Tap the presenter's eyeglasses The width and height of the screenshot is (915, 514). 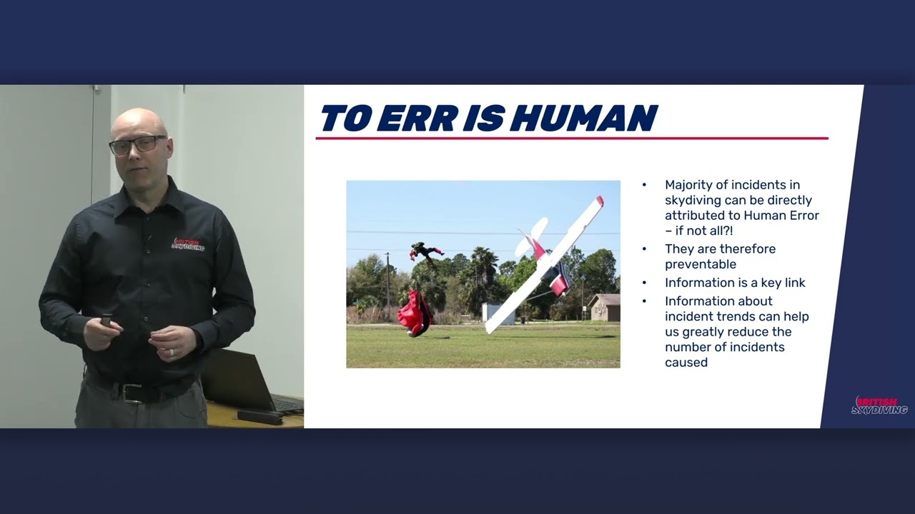tap(137, 144)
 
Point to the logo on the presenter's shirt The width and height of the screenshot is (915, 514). tap(188, 244)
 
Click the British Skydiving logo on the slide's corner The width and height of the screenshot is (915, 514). tap(879, 405)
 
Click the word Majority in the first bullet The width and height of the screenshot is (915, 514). tap(689, 185)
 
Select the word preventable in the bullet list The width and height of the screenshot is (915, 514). tap(700, 264)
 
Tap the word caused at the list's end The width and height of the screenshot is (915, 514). tap(686, 362)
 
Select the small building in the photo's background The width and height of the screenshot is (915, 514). tap(604, 308)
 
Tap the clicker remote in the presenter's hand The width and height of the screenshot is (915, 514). tap(107, 320)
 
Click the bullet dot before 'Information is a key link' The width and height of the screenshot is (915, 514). tap(644, 283)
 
